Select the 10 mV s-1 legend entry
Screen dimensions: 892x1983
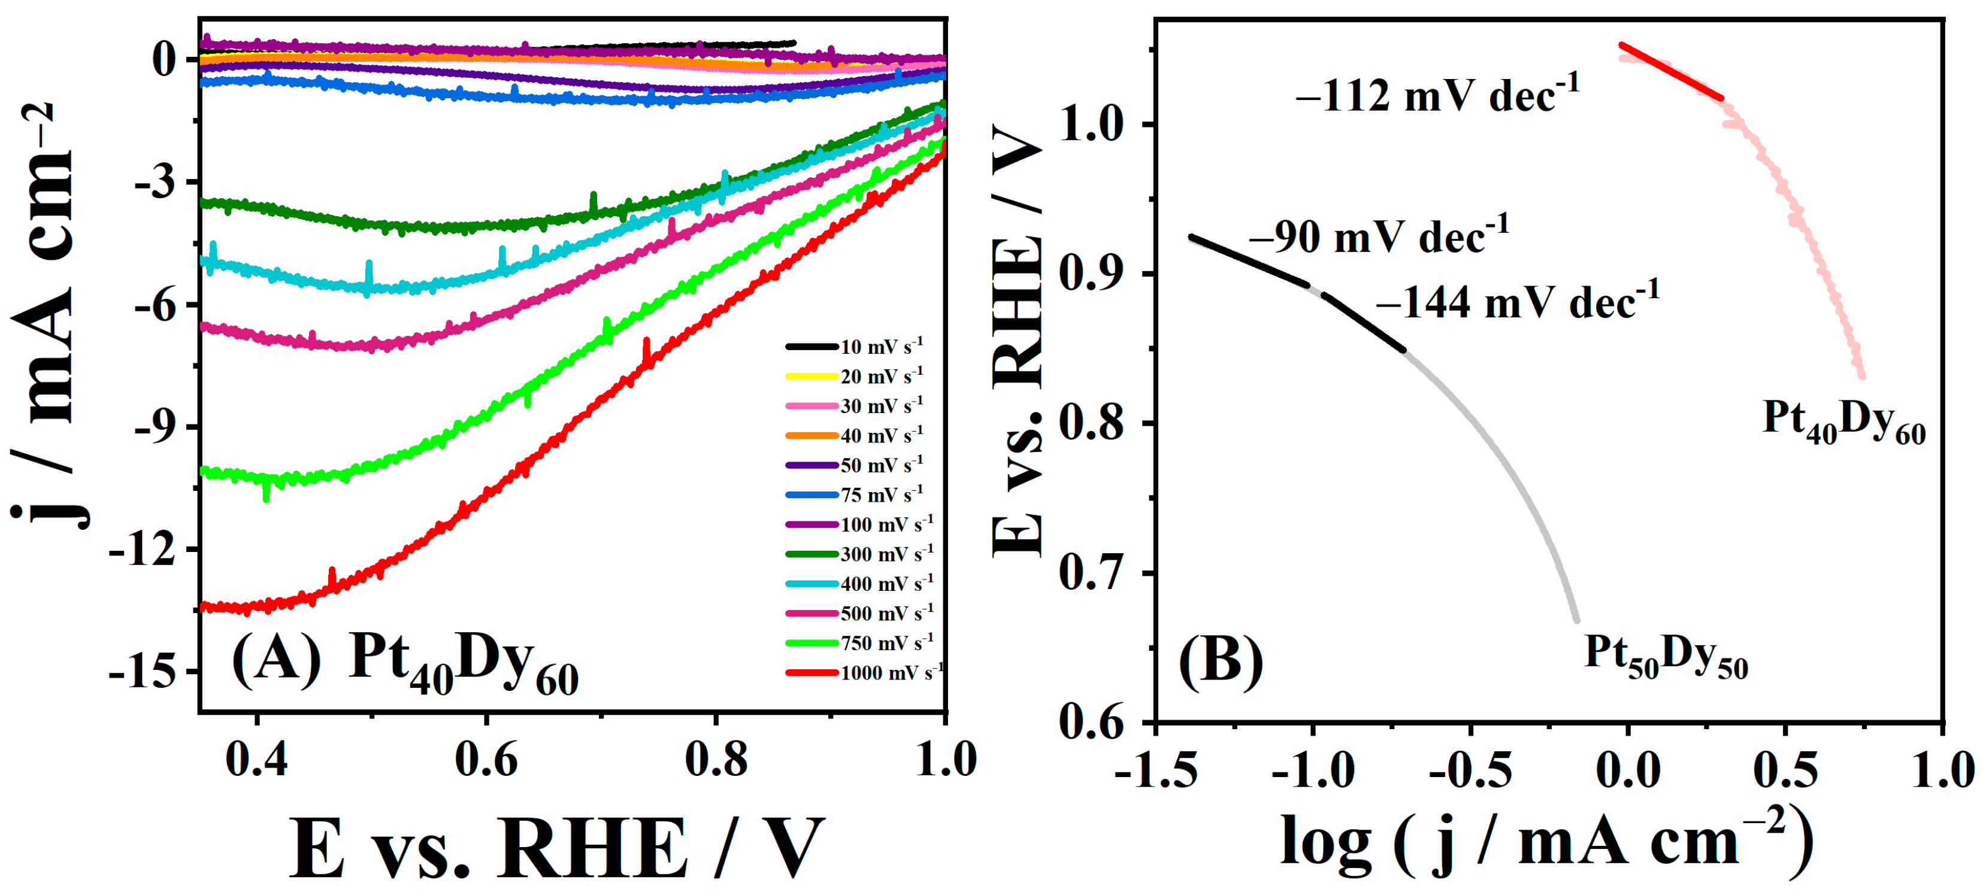(x=855, y=347)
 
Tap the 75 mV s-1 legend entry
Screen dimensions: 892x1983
(x=855, y=495)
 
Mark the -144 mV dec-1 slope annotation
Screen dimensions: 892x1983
(x=1517, y=302)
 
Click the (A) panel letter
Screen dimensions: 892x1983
(x=276, y=659)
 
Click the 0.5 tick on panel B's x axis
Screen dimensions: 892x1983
(x=1785, y=770)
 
